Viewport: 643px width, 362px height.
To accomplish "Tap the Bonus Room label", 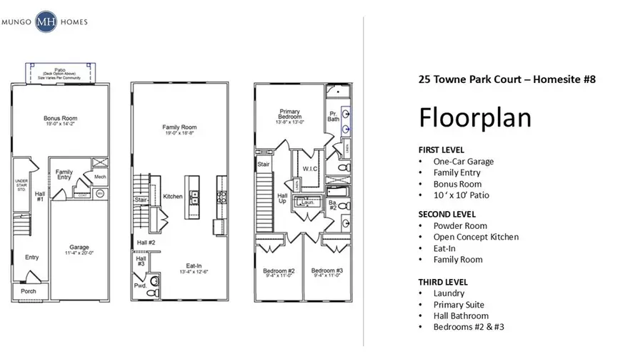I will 60,118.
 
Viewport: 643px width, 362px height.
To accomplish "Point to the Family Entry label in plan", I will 64,172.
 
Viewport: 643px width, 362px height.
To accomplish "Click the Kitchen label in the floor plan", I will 172,196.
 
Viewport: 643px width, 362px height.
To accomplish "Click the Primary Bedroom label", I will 290,114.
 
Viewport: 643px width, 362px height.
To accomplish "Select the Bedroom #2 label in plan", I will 280,270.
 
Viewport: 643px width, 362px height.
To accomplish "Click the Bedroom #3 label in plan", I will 327,270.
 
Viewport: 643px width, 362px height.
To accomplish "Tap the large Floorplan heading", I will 474,117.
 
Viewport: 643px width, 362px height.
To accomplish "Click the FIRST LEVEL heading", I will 441,150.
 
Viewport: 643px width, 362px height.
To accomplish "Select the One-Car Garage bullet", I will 463,162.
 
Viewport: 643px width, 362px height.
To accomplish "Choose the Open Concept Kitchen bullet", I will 476,237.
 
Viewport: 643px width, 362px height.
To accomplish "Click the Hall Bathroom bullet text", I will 461,315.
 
